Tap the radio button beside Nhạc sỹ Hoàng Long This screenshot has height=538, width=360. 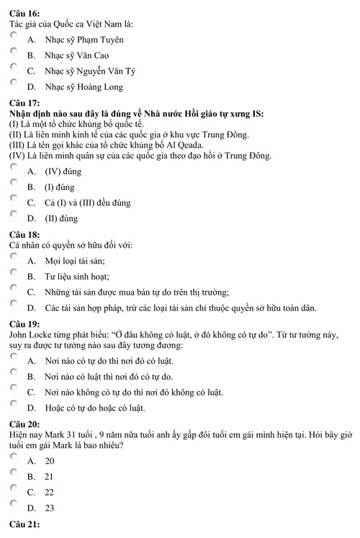point(14,84)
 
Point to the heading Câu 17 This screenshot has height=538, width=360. point(24,103)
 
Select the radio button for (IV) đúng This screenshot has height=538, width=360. point(14,166)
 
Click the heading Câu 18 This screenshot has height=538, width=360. point(24,235)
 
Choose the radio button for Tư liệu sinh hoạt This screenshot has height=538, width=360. point(14,272)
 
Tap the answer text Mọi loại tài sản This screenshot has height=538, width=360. point(74,260)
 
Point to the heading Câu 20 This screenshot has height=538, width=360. point(24,425)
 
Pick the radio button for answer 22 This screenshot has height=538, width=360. point(14,488)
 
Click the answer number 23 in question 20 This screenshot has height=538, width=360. point(50,508)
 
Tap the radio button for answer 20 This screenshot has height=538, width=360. point(14,456)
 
